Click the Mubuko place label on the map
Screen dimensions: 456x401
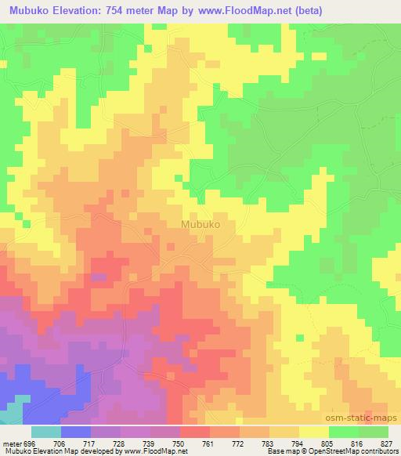(200, 223)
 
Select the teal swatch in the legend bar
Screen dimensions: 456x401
(45, 432)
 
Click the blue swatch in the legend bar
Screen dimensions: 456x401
(75, 432)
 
